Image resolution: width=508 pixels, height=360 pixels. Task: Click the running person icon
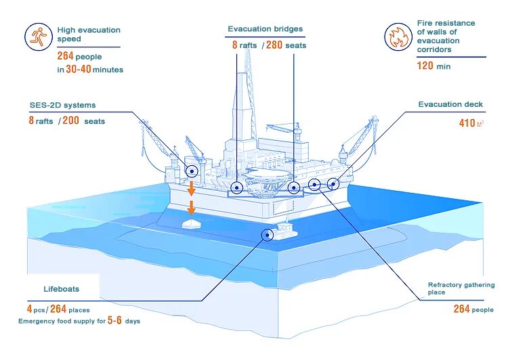[38, 37]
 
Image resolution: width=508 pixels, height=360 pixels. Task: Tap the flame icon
[398, 37]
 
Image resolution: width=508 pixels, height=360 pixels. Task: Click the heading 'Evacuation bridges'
[265, 29]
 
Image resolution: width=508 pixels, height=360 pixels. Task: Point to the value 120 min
[433, 66]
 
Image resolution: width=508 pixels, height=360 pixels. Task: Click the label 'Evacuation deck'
[450, 104]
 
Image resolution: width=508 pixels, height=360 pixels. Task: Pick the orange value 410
[467, 123]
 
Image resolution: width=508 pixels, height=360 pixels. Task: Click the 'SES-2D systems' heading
[62, 105]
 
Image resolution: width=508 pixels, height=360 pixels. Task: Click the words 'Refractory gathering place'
[461, 289]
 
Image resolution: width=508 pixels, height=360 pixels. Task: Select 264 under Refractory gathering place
[462, 309]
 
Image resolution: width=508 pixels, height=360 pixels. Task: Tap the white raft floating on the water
[192, 223]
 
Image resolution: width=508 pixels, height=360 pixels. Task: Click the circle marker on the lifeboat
[268, 234]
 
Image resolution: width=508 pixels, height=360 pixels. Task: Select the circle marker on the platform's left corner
[192, 171]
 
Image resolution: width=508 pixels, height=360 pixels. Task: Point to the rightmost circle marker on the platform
[333, 184]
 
